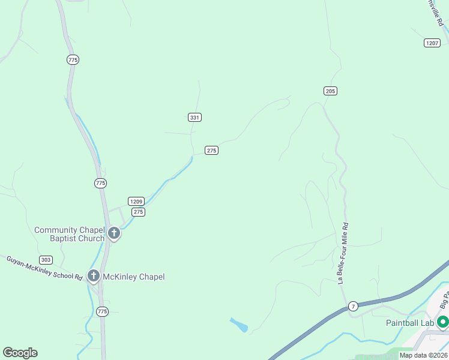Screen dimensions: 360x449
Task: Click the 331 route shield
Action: pos(194,118)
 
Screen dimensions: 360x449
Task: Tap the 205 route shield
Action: pos(330,91)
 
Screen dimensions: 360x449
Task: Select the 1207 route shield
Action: pos(432,43)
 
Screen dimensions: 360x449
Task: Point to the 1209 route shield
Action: pos(136,201)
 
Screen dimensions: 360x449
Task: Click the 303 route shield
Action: pos(46,260)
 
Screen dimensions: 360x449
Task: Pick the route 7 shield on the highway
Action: pos(354,305)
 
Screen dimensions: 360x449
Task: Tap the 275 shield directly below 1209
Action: pos(138,212)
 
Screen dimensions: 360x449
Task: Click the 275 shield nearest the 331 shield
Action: pos(211,151)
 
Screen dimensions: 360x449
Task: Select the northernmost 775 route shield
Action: pos(73,59)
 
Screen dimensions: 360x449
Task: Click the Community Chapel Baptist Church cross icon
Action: pos(114,233)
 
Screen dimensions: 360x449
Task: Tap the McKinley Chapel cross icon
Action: pos(93,276)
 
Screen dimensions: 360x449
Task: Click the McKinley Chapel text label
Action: pos(133,277)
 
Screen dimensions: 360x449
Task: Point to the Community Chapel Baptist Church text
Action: pos(69,234)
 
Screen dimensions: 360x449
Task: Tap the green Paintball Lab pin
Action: pos(443,322)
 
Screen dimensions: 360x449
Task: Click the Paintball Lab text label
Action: pos(409,323)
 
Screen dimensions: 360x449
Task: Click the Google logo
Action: pos(20,353)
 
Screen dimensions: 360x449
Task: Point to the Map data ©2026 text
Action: pos(424,355)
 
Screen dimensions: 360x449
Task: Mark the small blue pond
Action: pos(239,325)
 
